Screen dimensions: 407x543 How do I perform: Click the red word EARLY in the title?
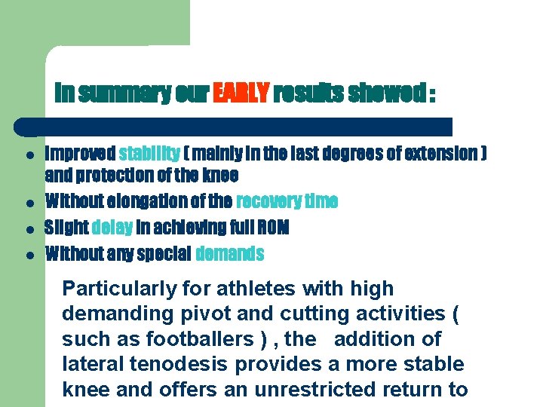pos(241,93)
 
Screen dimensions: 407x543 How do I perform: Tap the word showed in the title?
pos(385,93)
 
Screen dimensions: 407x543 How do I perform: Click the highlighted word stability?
pos(149,154)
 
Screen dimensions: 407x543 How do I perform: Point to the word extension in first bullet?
pos(440,154)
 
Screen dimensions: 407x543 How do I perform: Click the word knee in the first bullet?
pos(220,176)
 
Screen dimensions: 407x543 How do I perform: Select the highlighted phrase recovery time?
pos(287,201)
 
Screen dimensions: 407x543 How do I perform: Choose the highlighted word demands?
pos(229,254)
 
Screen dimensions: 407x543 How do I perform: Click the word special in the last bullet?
pos(164,254)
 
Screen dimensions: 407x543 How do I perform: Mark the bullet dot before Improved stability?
pos(27,154)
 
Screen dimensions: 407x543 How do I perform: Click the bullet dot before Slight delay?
pos(27,228)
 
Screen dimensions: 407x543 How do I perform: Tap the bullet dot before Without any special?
pos(27,255)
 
